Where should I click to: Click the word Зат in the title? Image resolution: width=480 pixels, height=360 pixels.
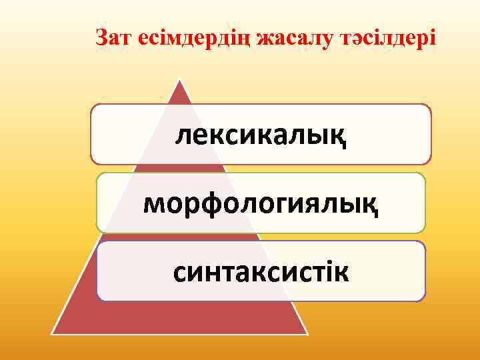click(113, 38)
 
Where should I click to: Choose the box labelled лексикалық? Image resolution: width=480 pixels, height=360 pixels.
click(261, 134)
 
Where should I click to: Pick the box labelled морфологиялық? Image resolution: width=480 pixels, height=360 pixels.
click(261, 203)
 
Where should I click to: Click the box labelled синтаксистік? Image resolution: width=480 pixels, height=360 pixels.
click(261, 271)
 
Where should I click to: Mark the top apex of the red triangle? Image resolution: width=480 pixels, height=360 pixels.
click(179, 80)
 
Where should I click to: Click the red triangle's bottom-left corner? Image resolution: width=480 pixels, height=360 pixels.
click(53, 333)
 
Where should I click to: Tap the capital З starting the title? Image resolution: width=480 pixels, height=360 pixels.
click(101, 38)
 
